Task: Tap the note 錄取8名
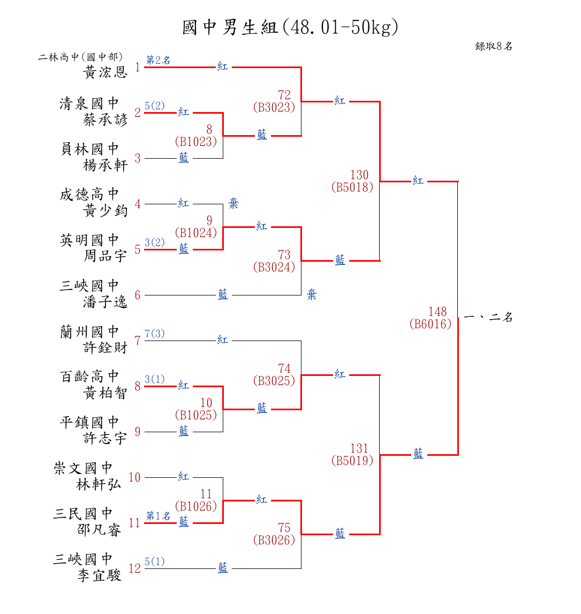pos(494,46)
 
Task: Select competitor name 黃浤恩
pos(106,72)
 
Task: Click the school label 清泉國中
pos(89,103)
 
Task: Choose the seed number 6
pos(138,295)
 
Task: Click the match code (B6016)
pos(431,324)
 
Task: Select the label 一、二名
pos(488,317)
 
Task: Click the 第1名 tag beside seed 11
pos(159,516)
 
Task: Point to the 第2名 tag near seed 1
pos(159,60)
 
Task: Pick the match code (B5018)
pos(352,187)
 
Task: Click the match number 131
pos(359,448)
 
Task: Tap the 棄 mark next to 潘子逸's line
pos(312,295)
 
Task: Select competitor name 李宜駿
pos(100,575)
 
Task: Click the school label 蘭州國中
pos(89,332)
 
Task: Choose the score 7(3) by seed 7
pos(155,334)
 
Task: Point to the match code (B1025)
pos(196,415)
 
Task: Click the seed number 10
pos(134,478)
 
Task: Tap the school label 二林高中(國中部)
pos(80,57)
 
